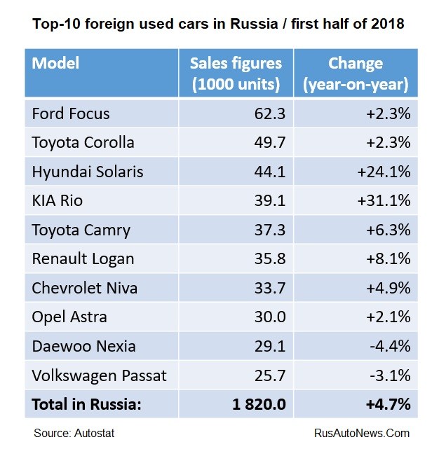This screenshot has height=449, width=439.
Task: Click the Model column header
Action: click(55, 63)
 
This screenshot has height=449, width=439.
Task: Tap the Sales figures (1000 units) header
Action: click(236, 73)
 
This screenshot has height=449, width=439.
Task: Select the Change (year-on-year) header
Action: click(356, 73)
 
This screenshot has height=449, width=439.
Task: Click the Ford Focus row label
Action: click(71, 113)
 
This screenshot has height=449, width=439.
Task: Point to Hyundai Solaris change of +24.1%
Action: click(382, 172)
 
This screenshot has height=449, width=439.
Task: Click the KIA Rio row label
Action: click(58, 201)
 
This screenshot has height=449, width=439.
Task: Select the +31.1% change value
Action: click(382, 201)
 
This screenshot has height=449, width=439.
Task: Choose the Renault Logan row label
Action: click(83, 259)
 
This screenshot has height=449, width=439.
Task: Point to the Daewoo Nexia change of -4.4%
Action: click(389, 346)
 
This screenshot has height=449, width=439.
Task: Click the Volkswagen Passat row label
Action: click(100, 375)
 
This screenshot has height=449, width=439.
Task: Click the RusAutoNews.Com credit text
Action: click(362, 433)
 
